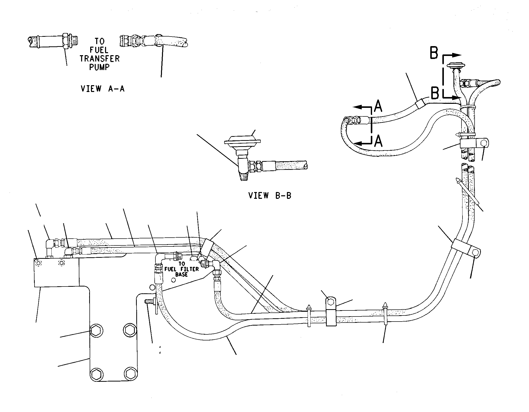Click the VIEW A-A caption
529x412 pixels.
(103, 89)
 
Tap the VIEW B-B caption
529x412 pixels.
(270, 196)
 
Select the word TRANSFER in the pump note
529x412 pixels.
(100, 59)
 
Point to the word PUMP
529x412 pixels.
(100, 67)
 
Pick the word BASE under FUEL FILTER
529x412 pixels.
(182, 274)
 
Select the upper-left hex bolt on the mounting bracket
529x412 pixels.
(96, 330)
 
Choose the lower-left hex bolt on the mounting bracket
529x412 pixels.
(96, 374)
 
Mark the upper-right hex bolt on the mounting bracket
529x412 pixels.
(130, 329)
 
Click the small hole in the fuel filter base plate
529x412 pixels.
(173, 280)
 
